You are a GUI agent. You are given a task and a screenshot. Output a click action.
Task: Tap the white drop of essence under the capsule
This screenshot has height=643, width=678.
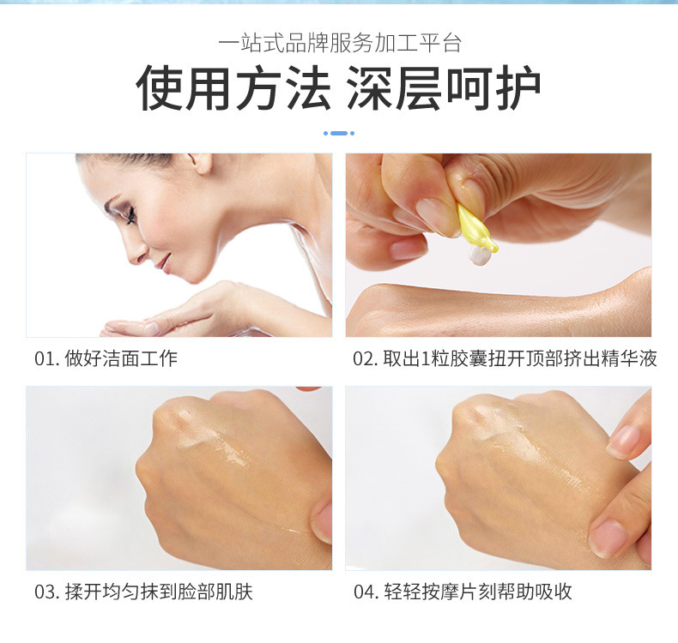point(479,255)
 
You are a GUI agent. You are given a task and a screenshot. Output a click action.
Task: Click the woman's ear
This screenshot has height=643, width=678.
point(201,162)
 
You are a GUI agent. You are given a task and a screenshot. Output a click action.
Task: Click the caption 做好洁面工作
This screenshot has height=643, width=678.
point(121,359)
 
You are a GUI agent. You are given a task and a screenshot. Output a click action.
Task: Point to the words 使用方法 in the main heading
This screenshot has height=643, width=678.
point(233,87)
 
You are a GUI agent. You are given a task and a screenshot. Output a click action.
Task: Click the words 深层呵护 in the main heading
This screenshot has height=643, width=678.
point(444,87)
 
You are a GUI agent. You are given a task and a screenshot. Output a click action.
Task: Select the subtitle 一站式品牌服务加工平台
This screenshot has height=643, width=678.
point(340,43)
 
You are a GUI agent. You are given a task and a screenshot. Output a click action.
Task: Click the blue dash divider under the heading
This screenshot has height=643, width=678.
point(339,133)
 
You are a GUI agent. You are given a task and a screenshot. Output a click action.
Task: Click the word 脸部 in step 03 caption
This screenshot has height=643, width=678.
point(197,592)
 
